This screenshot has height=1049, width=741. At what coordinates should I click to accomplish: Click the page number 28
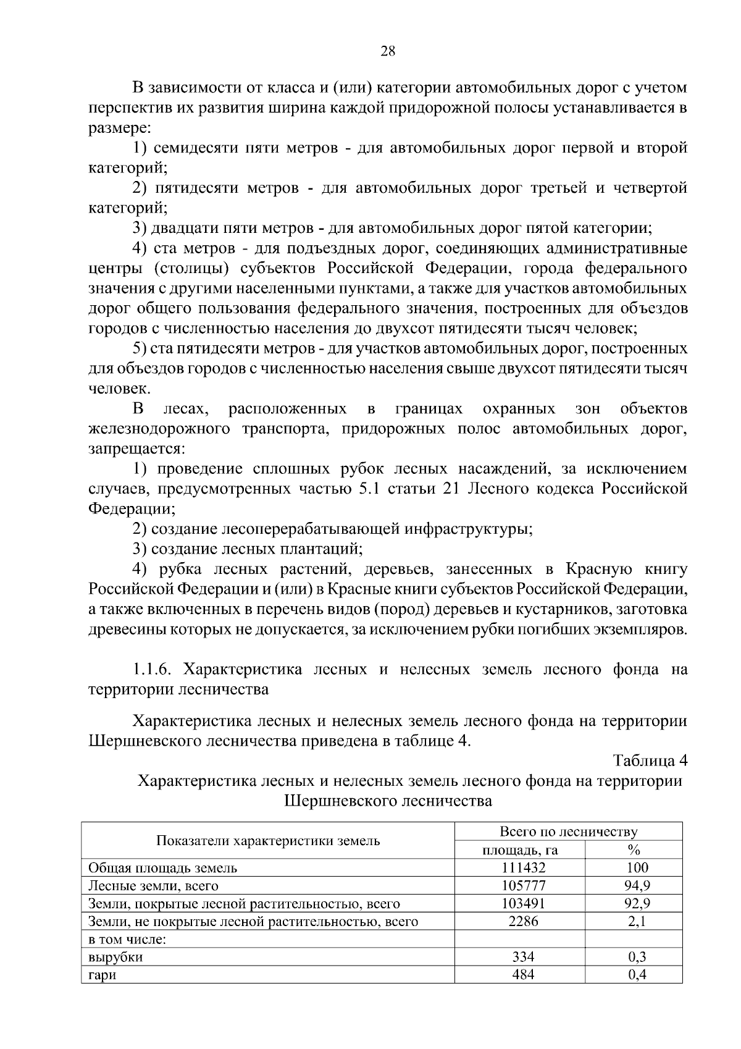(387, 51)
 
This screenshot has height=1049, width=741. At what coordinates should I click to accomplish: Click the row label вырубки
(115, 958)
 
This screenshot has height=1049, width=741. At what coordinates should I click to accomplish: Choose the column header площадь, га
(520, 850)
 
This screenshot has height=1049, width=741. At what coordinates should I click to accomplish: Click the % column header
(634, 850)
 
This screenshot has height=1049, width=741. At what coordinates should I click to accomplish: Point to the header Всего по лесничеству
(568, 832)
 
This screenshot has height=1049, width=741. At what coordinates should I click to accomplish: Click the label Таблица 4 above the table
(650, 760)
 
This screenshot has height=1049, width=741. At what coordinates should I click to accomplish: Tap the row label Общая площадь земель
(162, 868)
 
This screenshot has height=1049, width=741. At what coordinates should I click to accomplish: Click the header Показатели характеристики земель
(268, 841)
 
